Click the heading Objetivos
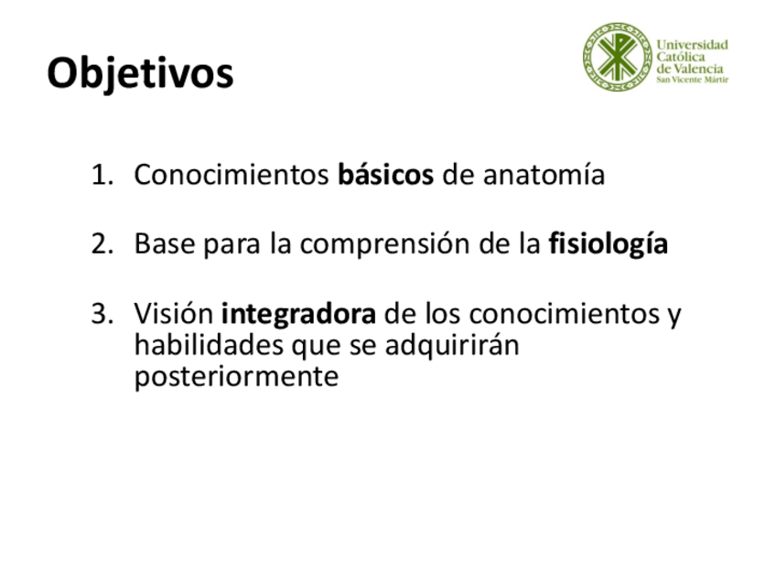click(x=140, y=74)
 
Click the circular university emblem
click(x=617, y=57)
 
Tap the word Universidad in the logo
click(x=693, y=45)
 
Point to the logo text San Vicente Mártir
click(x=693, y=80)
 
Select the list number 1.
click(x=102, y=175)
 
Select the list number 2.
click(x=102, y=244)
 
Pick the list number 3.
click(x=102, y=314)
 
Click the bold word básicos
click(x=385, y=174)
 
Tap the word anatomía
click(x=544, y=175)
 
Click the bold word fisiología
click(x=609, y=244)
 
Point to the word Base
click(x=165, y=244)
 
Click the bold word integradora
click(x=298, y=315)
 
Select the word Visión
click(x=174, y=313)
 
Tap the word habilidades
click(x=209, y=345)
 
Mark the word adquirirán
click(x=452, y=346)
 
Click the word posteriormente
click(x=237, y=377)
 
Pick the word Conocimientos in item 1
click(x=232, y=175)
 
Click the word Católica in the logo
click(x=681, y=57)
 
